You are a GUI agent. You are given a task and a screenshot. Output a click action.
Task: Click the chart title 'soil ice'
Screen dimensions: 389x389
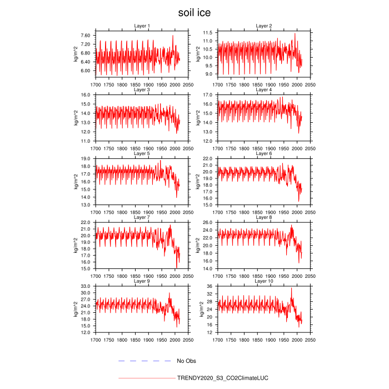pos(194,12)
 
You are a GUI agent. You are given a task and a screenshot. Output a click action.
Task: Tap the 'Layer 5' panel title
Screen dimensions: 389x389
pos(142,153)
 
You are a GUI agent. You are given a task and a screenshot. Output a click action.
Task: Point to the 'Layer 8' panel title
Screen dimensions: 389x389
pos(263,217)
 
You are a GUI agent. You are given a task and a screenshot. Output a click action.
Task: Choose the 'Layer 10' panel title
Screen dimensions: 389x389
pos(263,281)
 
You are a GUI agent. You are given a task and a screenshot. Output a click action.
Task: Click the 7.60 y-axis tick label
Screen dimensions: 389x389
pos(86,36)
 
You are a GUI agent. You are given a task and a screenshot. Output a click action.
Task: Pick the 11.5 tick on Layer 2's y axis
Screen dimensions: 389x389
pos(208,33)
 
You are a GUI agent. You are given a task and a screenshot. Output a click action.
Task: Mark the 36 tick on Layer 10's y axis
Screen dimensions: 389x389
pos(210,286)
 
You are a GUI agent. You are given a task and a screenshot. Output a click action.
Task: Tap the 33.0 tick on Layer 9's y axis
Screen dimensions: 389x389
pos(86,286)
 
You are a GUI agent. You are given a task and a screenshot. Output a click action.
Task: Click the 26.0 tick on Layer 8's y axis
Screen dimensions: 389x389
pos(208,222)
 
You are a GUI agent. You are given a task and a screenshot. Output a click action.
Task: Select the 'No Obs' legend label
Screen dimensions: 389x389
pos(186,361)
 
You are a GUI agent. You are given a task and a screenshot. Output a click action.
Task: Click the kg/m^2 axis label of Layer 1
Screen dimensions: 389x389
pos(76,53)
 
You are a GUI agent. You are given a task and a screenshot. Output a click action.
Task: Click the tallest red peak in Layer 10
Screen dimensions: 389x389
pos(291,288)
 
